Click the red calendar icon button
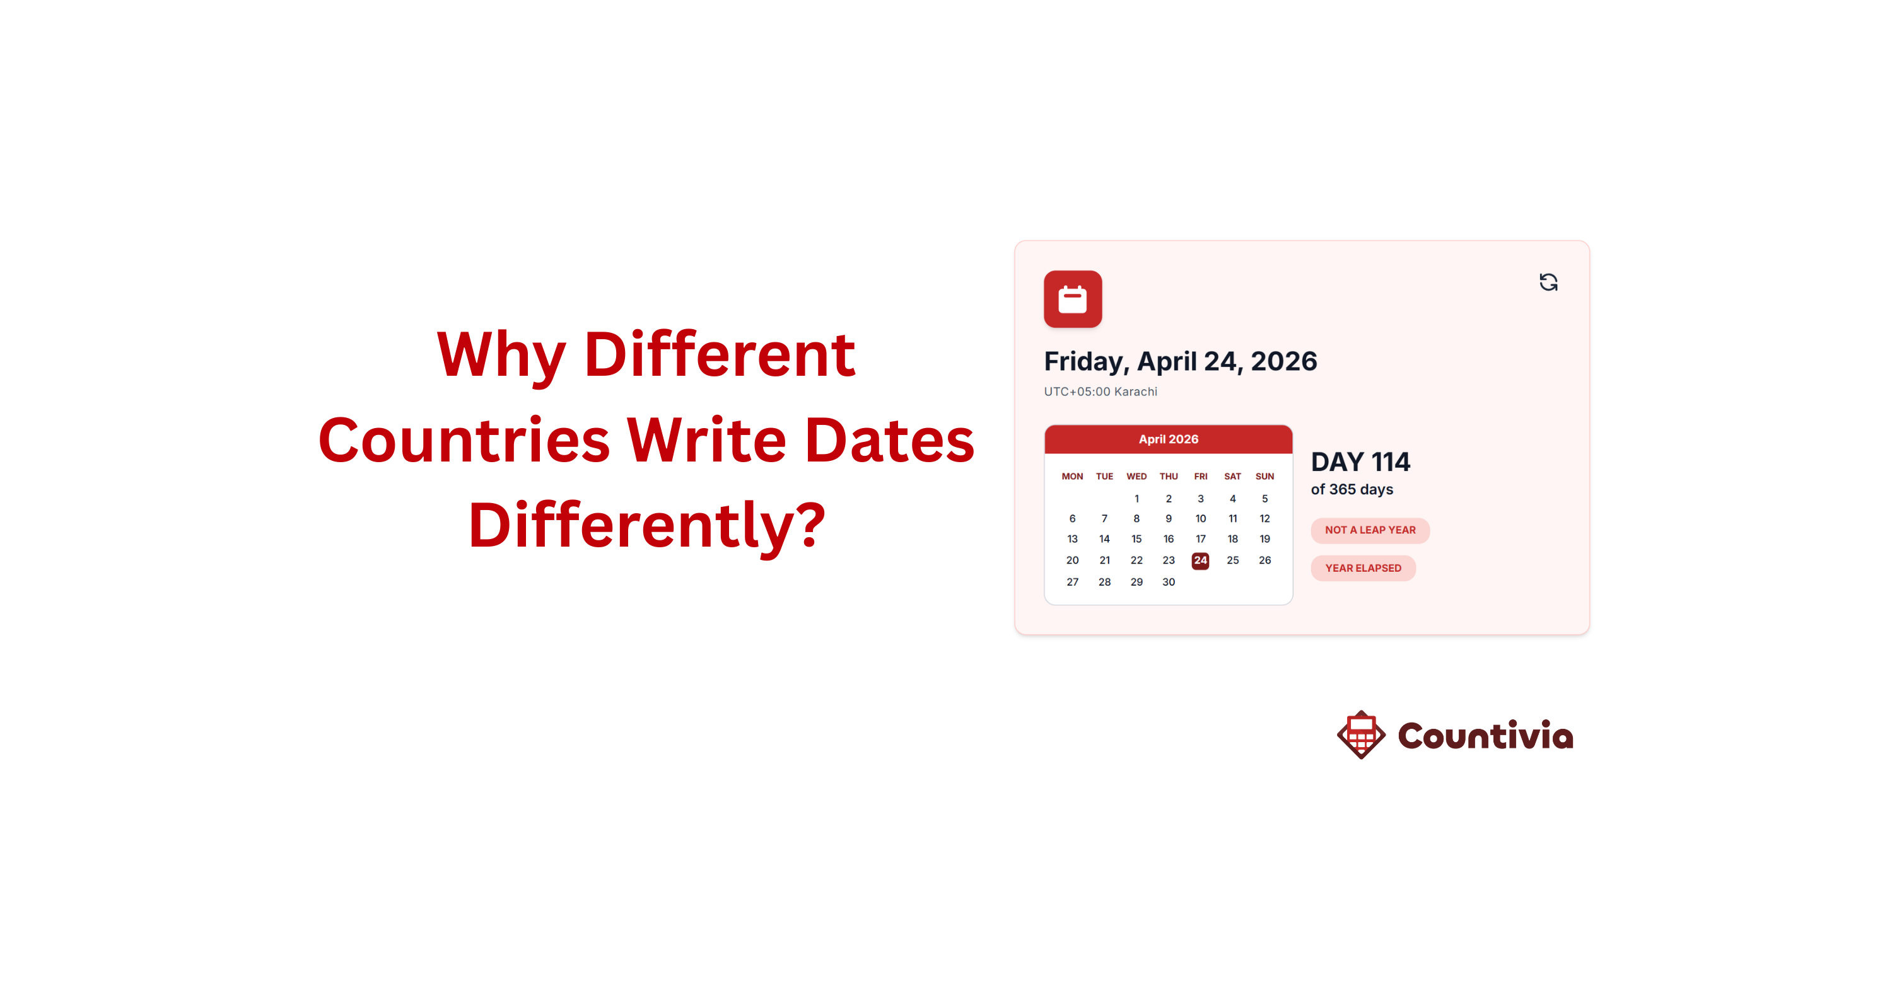1072,299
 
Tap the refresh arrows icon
1548,282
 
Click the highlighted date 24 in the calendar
1200,560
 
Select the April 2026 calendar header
1168,439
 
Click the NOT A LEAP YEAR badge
1370,530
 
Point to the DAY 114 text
1360,462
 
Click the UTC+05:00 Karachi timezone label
1101,392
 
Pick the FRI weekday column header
1200,477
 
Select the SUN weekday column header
1264,477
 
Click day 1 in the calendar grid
1136,499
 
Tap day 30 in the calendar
1169,583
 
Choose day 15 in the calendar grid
1136,539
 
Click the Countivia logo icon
1361,735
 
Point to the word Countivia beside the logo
1485,735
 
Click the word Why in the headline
501,357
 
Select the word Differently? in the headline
647,526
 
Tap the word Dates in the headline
889,440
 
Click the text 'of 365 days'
1352,490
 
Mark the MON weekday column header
1072,477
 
